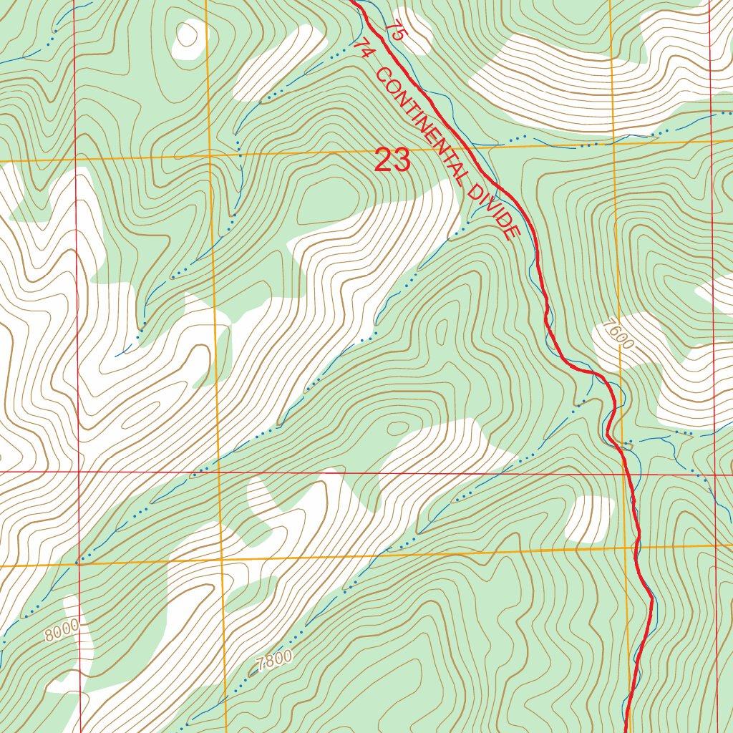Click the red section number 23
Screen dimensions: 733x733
[393, 160]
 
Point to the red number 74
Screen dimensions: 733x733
[364, 49]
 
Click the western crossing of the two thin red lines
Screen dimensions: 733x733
[77, 472]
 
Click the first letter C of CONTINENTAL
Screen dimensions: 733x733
[380, 74]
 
